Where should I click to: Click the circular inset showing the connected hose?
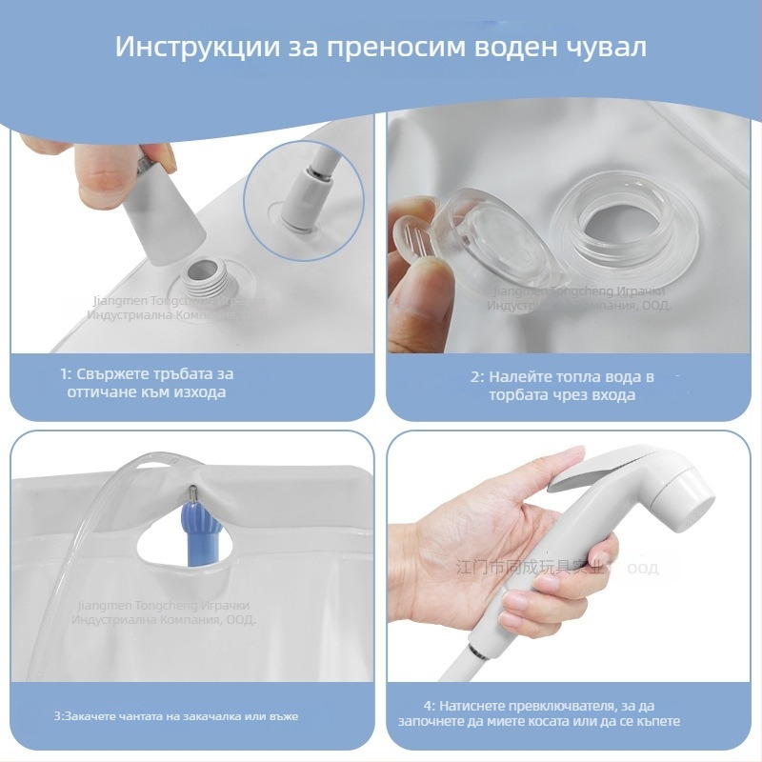[303, 201]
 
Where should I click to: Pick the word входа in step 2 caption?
[613, 394]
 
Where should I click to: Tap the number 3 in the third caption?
[57, 714]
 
